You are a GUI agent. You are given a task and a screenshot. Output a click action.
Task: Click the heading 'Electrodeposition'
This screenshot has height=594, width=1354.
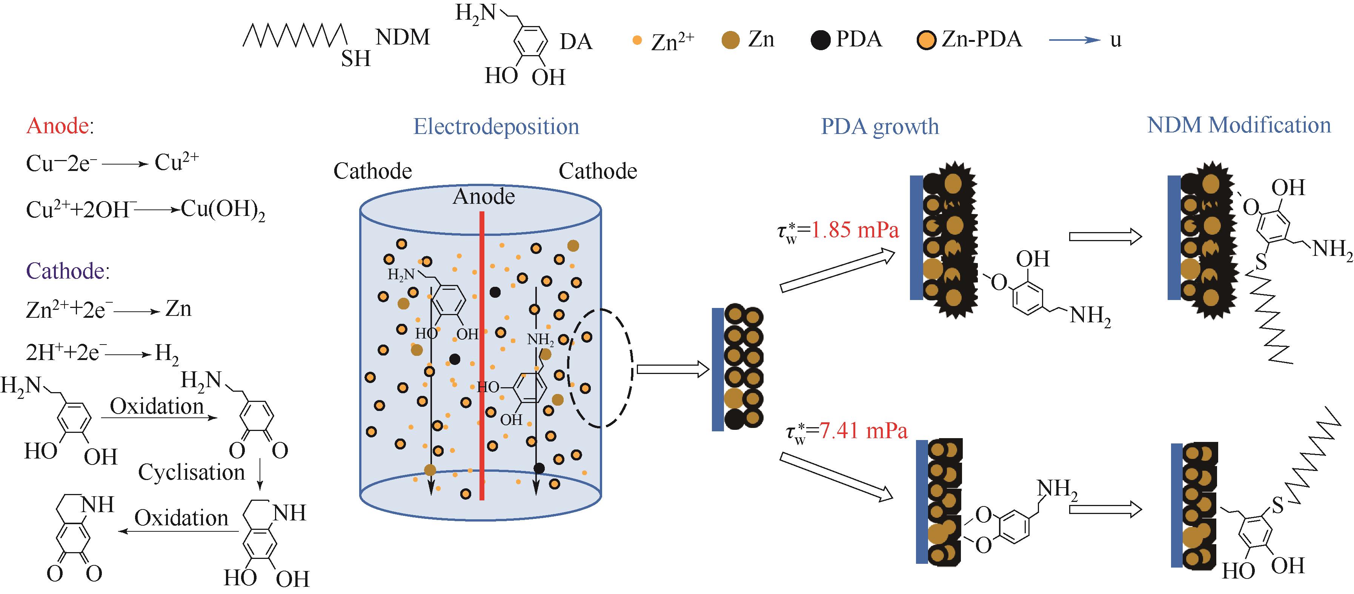pyautogui.click(x=496, y=127)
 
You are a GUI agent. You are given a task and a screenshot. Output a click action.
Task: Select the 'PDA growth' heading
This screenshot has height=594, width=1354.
pyautogui.click(x=879, y=127)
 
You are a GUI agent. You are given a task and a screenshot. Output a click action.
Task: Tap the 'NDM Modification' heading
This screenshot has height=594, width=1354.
pyautogui.click(x=1238, y=126)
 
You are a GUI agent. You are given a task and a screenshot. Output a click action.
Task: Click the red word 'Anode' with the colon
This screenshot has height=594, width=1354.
pyautogui.click(x=59, y=126)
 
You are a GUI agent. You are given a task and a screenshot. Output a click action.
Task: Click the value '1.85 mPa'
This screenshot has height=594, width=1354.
pyautogui.click(x=855, y=230)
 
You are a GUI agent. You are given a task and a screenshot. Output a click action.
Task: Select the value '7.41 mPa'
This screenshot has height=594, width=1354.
pyautogui.click(x=863, y=431)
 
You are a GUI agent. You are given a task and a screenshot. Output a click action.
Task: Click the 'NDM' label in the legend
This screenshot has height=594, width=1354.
pyautogui.click(x=403, y=37)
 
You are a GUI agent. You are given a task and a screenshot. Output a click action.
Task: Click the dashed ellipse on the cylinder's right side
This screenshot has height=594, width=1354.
pyautogui.click(x=600, y=368)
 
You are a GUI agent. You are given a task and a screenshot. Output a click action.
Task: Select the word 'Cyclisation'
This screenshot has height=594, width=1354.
pyautogui.click(x=191, y=472)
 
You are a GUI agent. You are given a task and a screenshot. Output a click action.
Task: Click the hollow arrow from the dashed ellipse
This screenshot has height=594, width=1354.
pyautogui.click(x=673, y=369)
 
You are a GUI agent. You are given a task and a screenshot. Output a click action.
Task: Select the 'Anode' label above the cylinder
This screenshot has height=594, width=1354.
pyautogui.click(x=484, y=197)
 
